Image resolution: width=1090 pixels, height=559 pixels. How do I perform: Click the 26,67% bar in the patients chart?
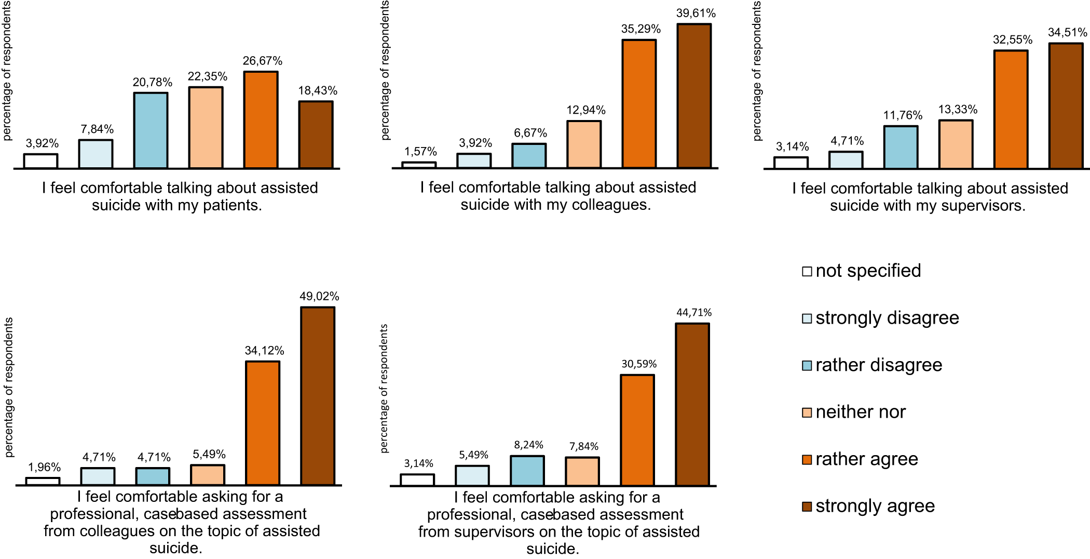(261, 120)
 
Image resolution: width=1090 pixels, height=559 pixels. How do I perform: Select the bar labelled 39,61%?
(694, 96)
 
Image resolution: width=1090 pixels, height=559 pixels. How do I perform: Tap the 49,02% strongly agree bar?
(318, 396)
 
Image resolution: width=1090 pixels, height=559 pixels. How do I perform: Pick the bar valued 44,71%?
(692, 405)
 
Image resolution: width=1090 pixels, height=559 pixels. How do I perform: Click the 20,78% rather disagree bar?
(151, 130)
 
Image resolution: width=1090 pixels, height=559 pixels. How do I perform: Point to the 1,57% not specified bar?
(419, 165)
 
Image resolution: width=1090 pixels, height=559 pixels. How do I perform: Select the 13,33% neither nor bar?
(956, 144)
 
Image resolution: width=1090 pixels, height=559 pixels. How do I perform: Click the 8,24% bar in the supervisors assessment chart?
(527, 471)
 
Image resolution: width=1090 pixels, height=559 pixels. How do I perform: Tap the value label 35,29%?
(641, 29)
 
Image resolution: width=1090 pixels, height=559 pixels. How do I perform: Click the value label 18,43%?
(318, 91)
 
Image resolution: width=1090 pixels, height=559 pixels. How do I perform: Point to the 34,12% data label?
(265, 351)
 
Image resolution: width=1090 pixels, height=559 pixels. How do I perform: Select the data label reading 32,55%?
(1013, 40)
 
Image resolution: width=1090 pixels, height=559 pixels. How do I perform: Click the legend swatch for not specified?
(807, 271)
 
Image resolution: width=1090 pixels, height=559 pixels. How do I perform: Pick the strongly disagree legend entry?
(881, 318)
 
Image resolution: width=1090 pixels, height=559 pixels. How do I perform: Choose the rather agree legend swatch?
(807, 460)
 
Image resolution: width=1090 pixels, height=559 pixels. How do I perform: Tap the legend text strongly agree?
(875, 506)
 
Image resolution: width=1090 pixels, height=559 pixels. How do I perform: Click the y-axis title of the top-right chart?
(757, 71)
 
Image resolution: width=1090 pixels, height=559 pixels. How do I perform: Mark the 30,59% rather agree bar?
(637, 430)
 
